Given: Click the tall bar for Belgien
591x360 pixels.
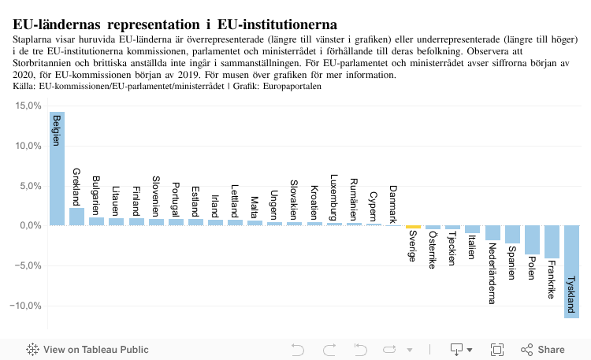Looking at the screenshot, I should coord(57,169).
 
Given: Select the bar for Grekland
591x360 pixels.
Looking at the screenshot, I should coord(76,217).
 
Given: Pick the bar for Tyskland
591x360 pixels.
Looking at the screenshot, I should coord(572,272).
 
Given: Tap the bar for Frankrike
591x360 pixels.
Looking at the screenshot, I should coord(552,242).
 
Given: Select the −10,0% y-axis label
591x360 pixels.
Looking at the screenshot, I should coord(27,306).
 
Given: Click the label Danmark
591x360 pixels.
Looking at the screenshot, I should coord(394,204).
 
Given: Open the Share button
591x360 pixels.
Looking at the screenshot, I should coord(543,350).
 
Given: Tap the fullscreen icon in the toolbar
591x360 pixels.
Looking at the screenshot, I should coord(497,350).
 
